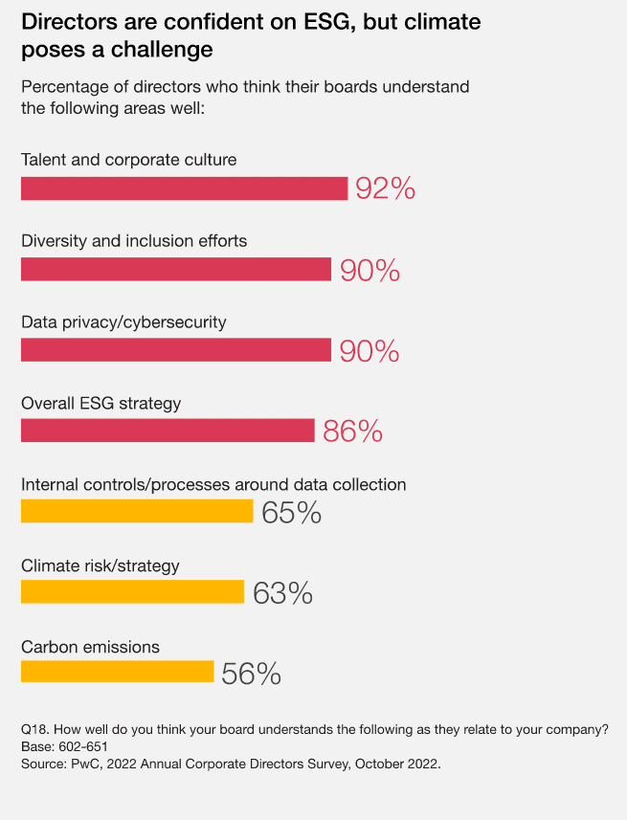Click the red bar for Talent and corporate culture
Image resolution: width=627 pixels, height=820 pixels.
point(184,188)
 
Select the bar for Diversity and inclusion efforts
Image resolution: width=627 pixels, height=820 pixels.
point(176,270)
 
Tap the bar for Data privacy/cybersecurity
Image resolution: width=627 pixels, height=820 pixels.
point(176,350)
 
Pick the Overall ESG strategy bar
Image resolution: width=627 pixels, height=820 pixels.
point(168,431)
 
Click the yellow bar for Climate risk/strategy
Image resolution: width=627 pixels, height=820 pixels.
point(132,592)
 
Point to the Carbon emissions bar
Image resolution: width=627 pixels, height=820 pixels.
point(117,673)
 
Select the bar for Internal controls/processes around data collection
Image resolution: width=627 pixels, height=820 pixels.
point(137,512)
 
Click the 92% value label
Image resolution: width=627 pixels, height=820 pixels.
point(385,189)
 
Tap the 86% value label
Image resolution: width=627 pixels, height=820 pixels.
point(352,432)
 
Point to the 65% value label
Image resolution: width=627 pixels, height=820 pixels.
point(291,513)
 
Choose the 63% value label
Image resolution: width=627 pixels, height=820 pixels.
point(282,593)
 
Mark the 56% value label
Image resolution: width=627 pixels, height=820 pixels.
point(251,675)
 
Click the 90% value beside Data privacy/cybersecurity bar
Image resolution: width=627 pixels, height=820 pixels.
point(369,351)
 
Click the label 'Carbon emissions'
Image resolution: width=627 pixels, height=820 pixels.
point(90,648)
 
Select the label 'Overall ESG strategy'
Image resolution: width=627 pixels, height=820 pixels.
point(101,404)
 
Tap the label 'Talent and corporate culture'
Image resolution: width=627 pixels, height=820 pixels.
point(128,160)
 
